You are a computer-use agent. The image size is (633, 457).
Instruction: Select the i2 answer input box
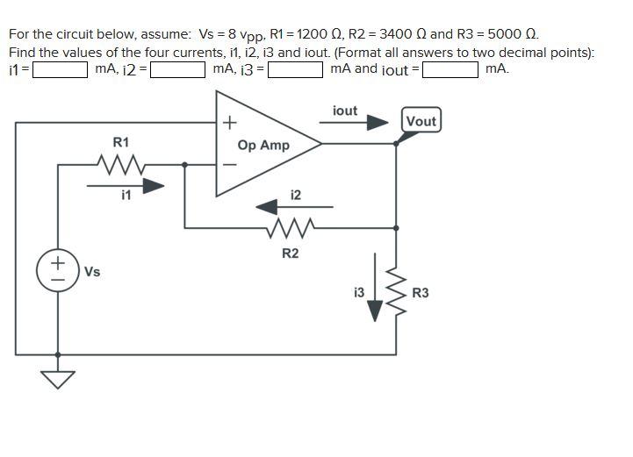pos(178,69)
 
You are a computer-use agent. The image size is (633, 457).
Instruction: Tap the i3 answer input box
pos(296,69)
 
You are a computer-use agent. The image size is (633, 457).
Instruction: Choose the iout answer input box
pos(450,69)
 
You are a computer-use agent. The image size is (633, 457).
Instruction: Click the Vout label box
pos(421,121)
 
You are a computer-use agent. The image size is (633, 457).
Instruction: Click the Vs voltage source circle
pos(58,269)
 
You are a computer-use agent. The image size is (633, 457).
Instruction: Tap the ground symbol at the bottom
pos(58,378)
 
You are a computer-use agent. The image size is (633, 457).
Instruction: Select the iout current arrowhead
pos(377,123)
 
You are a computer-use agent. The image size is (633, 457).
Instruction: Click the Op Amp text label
pos(263,145)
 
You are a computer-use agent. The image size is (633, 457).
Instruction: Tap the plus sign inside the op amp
pos(229,121)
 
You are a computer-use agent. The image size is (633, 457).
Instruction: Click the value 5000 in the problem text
pos(503,34)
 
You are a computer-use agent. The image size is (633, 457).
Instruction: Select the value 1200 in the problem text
pos(312,34)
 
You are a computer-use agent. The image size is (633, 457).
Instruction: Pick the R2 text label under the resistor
pos(290,253)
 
